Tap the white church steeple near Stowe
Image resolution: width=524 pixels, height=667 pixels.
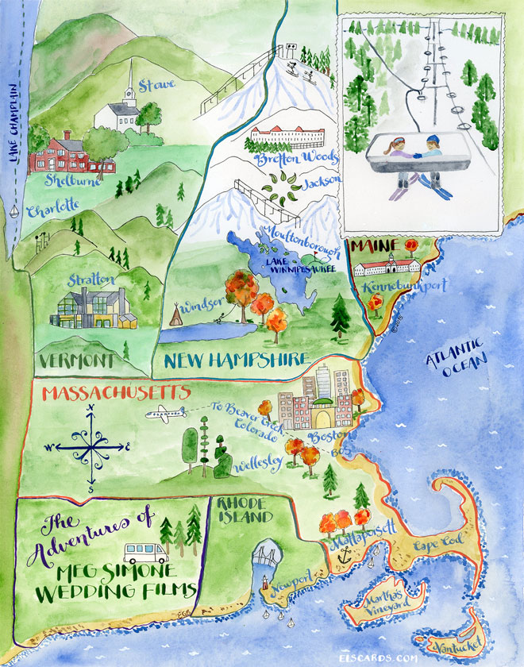point(129,83)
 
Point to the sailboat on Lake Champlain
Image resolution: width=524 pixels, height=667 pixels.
point(15,211)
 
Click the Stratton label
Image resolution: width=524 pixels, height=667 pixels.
point(92,280)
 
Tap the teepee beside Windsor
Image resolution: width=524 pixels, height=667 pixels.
point(173,315)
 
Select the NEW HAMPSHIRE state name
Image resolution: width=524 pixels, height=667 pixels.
point(236,360)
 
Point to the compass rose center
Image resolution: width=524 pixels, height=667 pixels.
point(91,446)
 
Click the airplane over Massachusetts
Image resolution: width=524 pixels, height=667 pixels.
point(165,413)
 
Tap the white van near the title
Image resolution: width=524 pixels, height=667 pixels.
point(145,553)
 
